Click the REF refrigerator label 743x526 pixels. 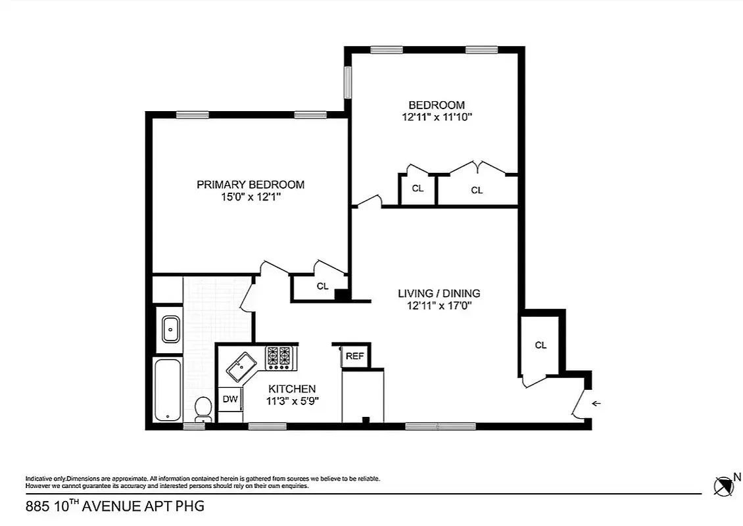354,356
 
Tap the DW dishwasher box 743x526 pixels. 229,398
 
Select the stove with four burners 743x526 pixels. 280,357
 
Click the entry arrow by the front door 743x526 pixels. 596,404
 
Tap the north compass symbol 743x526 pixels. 724,486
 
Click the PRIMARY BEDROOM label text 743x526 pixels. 251,185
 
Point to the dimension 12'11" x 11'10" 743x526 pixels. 437,117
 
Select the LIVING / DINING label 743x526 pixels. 439,293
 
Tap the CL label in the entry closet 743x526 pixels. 540,345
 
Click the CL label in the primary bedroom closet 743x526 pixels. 322,286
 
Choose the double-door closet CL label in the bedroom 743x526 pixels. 477,191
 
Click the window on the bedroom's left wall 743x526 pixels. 348,82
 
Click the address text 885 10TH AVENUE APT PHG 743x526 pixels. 114,506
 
